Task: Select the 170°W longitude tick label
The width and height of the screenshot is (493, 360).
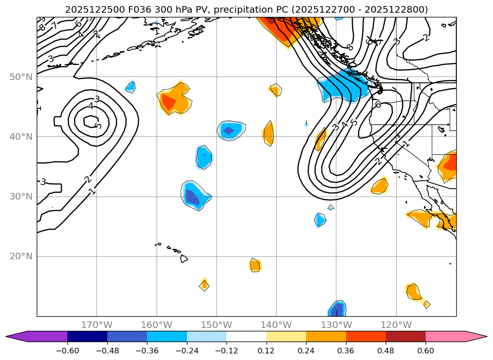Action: click(97, 325)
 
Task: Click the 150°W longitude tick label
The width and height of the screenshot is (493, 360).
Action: click(217, 325)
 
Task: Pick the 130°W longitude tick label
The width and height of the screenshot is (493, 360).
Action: click(336, 325)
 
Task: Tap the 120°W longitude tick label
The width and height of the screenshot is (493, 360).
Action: click(396, 325)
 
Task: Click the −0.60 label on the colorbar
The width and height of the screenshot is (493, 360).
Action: click(67, 352)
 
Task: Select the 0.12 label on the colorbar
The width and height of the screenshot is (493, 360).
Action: click(267, 352)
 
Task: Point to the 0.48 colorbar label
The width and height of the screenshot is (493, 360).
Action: click(386, 352)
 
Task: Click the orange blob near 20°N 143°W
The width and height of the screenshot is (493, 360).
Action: click(255, 265)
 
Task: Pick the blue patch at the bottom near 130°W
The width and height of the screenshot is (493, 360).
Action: click(337, 309)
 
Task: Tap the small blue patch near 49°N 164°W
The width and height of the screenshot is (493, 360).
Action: click(130, 87)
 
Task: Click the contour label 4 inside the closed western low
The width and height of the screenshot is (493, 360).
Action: click(91, 106)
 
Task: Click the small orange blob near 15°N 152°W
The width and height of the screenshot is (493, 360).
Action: click(204, 285)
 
